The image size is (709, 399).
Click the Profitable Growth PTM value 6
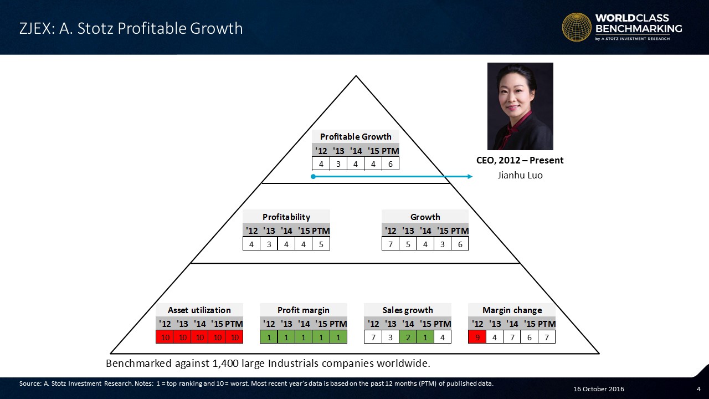(x=391, y=164)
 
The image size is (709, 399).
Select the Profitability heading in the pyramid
(x=286, y=217)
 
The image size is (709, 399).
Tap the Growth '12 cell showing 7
(x=391, y=244)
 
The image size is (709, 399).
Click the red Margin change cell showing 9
(x=477, y=337)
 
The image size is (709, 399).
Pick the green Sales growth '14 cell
(x=408, y=337)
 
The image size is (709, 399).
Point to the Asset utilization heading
(x=199, y=310)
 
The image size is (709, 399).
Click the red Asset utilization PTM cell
(x=234, y=337)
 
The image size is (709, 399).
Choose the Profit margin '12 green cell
(x=269, y=337)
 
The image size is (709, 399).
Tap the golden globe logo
(x=577, y=27)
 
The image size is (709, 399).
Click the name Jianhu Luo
(x=520, y=175)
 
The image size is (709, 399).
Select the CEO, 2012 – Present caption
(x=520, y=160)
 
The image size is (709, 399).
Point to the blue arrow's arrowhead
(x=470, y=177)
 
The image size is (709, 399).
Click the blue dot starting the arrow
(x=313, y=177)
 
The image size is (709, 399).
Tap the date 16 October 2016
(x=599, y=389)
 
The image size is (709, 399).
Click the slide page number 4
(x=698, y=389)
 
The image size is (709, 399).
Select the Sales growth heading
(x=408, y=310)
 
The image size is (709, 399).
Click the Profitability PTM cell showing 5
(x=321, y=244)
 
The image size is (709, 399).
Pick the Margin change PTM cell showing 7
(x=547, y=337)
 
